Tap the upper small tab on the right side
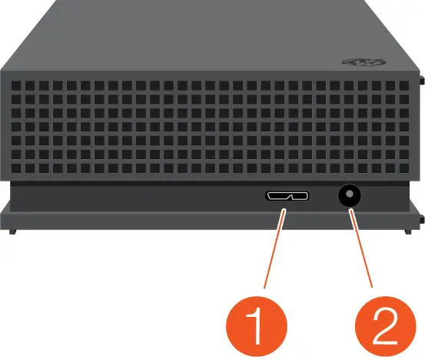pyautogui.click(x=422, y=78)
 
